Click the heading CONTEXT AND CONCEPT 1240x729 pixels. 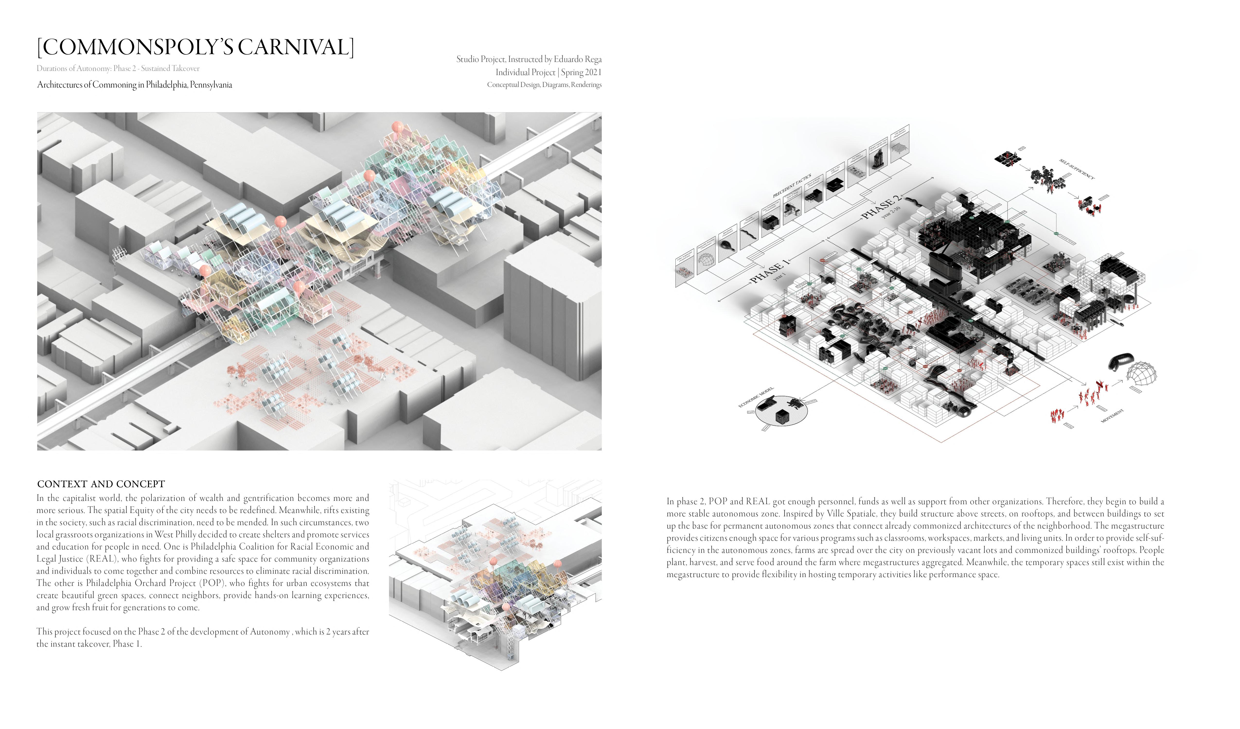coord(101,484)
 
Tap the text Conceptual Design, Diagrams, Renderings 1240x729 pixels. coord(544,85)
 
